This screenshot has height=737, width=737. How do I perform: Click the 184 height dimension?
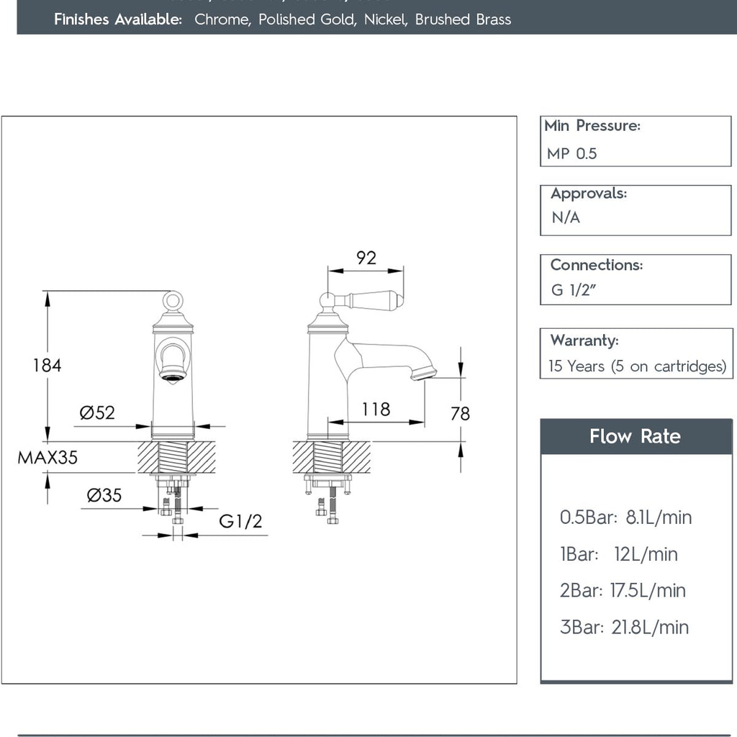pyautogui.click(x=47, y=365)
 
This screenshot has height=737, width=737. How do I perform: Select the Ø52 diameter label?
pyautogui.click(x=97, y=412)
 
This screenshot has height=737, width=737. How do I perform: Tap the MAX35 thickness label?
pyautogui.click(x=48, y=457)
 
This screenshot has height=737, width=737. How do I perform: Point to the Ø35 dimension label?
pyautogui.click(x=104, y=495)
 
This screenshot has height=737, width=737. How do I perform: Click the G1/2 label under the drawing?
pyautogui.click(x=240, y=522)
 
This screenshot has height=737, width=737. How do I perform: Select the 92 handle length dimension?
pyautogui.click(x=366, y=258)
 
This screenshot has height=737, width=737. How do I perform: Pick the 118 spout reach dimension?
pyautogui.click(x=376, y=410)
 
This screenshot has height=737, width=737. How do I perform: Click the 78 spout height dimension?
pyautogui.click(x=460, y=413)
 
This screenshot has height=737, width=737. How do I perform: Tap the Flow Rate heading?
pyautogui.click(x=635, y=436)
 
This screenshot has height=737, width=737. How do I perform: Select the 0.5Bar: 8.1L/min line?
pyautogui.click(x=625, y=517)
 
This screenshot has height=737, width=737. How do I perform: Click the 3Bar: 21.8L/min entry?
pyautogui.click(x=624, y=628)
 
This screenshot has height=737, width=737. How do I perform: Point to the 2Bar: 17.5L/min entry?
pyautogui.click(x=623, y=591)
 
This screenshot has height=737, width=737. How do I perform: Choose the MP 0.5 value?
pyautogui.click(x=571, y=153)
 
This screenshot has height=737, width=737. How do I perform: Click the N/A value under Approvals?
pyautogui.click(x=566, y=217)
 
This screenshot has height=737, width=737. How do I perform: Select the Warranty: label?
pyautogui.click(x=584, y=340)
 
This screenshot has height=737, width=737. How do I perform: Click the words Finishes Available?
pyautogui.click(x=118, y=19)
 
